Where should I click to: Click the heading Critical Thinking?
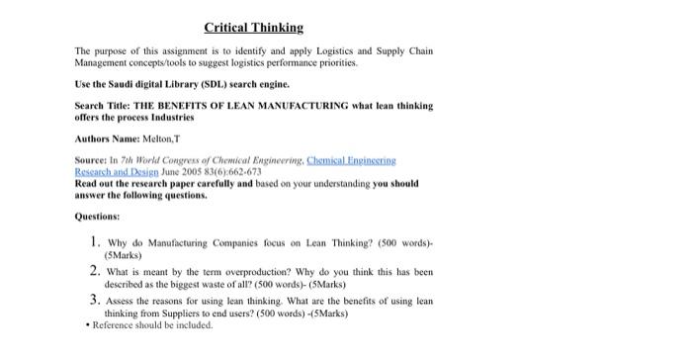pos(253,28)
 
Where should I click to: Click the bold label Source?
pos(92,160)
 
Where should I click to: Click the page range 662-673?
pos(243,171)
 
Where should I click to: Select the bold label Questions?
pos(97,215)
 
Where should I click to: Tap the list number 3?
pos(93,301)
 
